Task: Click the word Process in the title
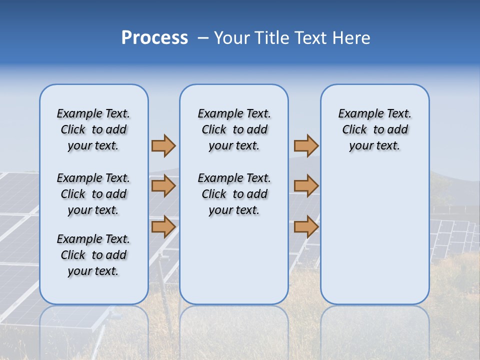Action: [154, 38]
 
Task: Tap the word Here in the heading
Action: [351, 38]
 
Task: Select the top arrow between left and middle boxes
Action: [163, 145]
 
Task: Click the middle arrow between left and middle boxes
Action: [163, 186]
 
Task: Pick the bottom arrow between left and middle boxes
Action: [163, 227]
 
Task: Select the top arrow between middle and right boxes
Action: [306, 145]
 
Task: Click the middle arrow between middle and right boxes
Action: [306, 186]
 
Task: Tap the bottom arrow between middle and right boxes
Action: [306, 227]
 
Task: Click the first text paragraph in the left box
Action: [93, 129]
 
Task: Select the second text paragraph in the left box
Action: [93, 194]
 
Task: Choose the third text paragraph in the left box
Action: [93, 255]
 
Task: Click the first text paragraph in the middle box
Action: [234, 129]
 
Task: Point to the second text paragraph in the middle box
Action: [234, 194]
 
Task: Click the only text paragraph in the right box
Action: [374, 129]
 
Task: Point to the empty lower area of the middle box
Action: [234, 260]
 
